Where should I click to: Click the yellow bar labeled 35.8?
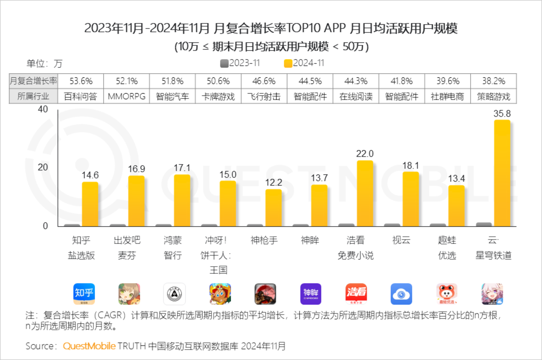pyautogui.click(x=502, y=173)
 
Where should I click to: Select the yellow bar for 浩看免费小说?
pyautogui.click(x=365, y=193)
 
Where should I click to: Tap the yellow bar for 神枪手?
pyautogui.click(x=273, y=208)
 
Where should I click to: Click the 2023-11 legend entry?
pyautogui.click(x=241, y=63)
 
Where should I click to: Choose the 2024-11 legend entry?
pyautogui.click(x=304, y=63)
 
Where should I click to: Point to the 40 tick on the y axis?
pyautogui.click(x=43, y=109)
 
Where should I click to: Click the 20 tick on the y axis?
pyautogui.click(x=43, y=167)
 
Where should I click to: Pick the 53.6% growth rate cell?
pyautogui.click(x=81, y=81)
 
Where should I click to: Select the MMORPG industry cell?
pyautogui.click(x=126, y=96)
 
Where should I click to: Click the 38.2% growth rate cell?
pyautogui.click(x=493, y=81)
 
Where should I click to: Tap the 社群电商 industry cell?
pyautogui.click(x=448, y=96)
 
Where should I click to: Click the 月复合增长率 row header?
pyautogui.click(x=33, y=81)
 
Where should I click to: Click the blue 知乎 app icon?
pyautogui.click(x=84, y=294)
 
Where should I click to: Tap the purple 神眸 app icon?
pyautogui.click(x=311, y=294)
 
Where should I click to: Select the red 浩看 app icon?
pyautogui.click(x=356, y=294)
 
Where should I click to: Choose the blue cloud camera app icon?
pyautogui.click(x=401, y=294)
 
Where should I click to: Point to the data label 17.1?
pyautogui.click(x=182, y=168)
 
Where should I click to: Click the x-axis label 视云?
pyautogui.click(x=401, y=240)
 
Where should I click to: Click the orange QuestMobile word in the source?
pyautogui.click(x=89, y=346)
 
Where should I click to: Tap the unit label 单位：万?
pyautogui.click(x=44, y=64)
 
